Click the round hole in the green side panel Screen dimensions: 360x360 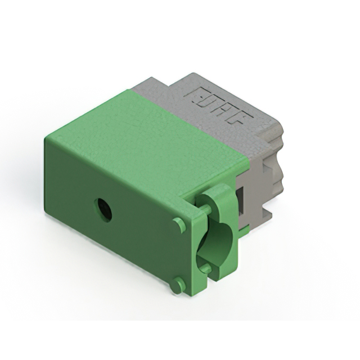(x=103, y=209)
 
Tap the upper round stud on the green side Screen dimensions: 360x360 (x=179, y=225)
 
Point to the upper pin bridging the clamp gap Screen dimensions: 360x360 (x=206, y=210)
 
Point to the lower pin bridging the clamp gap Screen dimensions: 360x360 (x=206, y=268)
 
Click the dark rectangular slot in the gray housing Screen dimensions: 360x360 (x=240, y=199)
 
